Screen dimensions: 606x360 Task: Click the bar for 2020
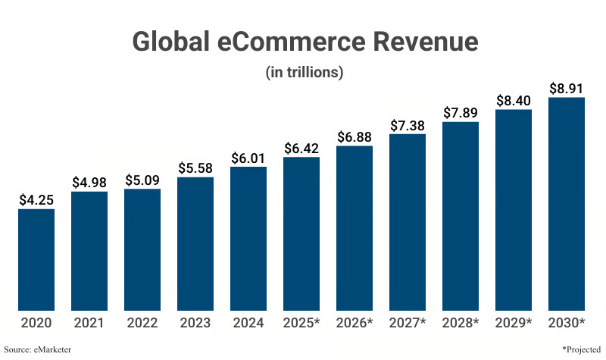click(x=36, y=260)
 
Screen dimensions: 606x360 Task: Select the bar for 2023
click(x=195, y=244)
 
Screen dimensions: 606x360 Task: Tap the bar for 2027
click(x=408, y=222)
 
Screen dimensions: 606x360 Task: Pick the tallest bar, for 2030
click(x=566, y=204)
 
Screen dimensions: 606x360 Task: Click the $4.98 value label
click(x=89, y=183)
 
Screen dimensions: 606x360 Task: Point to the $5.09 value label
click(x=142, y=180)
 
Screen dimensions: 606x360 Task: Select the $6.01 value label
click(x=248, y=158)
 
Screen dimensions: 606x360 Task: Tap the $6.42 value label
click(x=301, y=148)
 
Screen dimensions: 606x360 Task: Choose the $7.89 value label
click(x=461, y=113)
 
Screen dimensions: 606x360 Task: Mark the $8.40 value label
click(x=514, y=101)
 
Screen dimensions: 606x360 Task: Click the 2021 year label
click(x=89, y=323)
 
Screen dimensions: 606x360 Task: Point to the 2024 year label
click(x=248, y=323)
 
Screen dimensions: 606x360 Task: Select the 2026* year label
click(x=355, y=323)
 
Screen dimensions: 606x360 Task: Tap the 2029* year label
click(x=514, y=323)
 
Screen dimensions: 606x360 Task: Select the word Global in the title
click(x=172, y=42)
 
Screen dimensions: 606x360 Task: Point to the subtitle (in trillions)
click(x=305, y=72)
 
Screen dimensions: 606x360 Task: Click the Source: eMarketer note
click(x=37, y=349)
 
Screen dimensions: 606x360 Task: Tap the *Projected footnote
click(x=581, y=349)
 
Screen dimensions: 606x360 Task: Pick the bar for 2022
click(x=142, y=250)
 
